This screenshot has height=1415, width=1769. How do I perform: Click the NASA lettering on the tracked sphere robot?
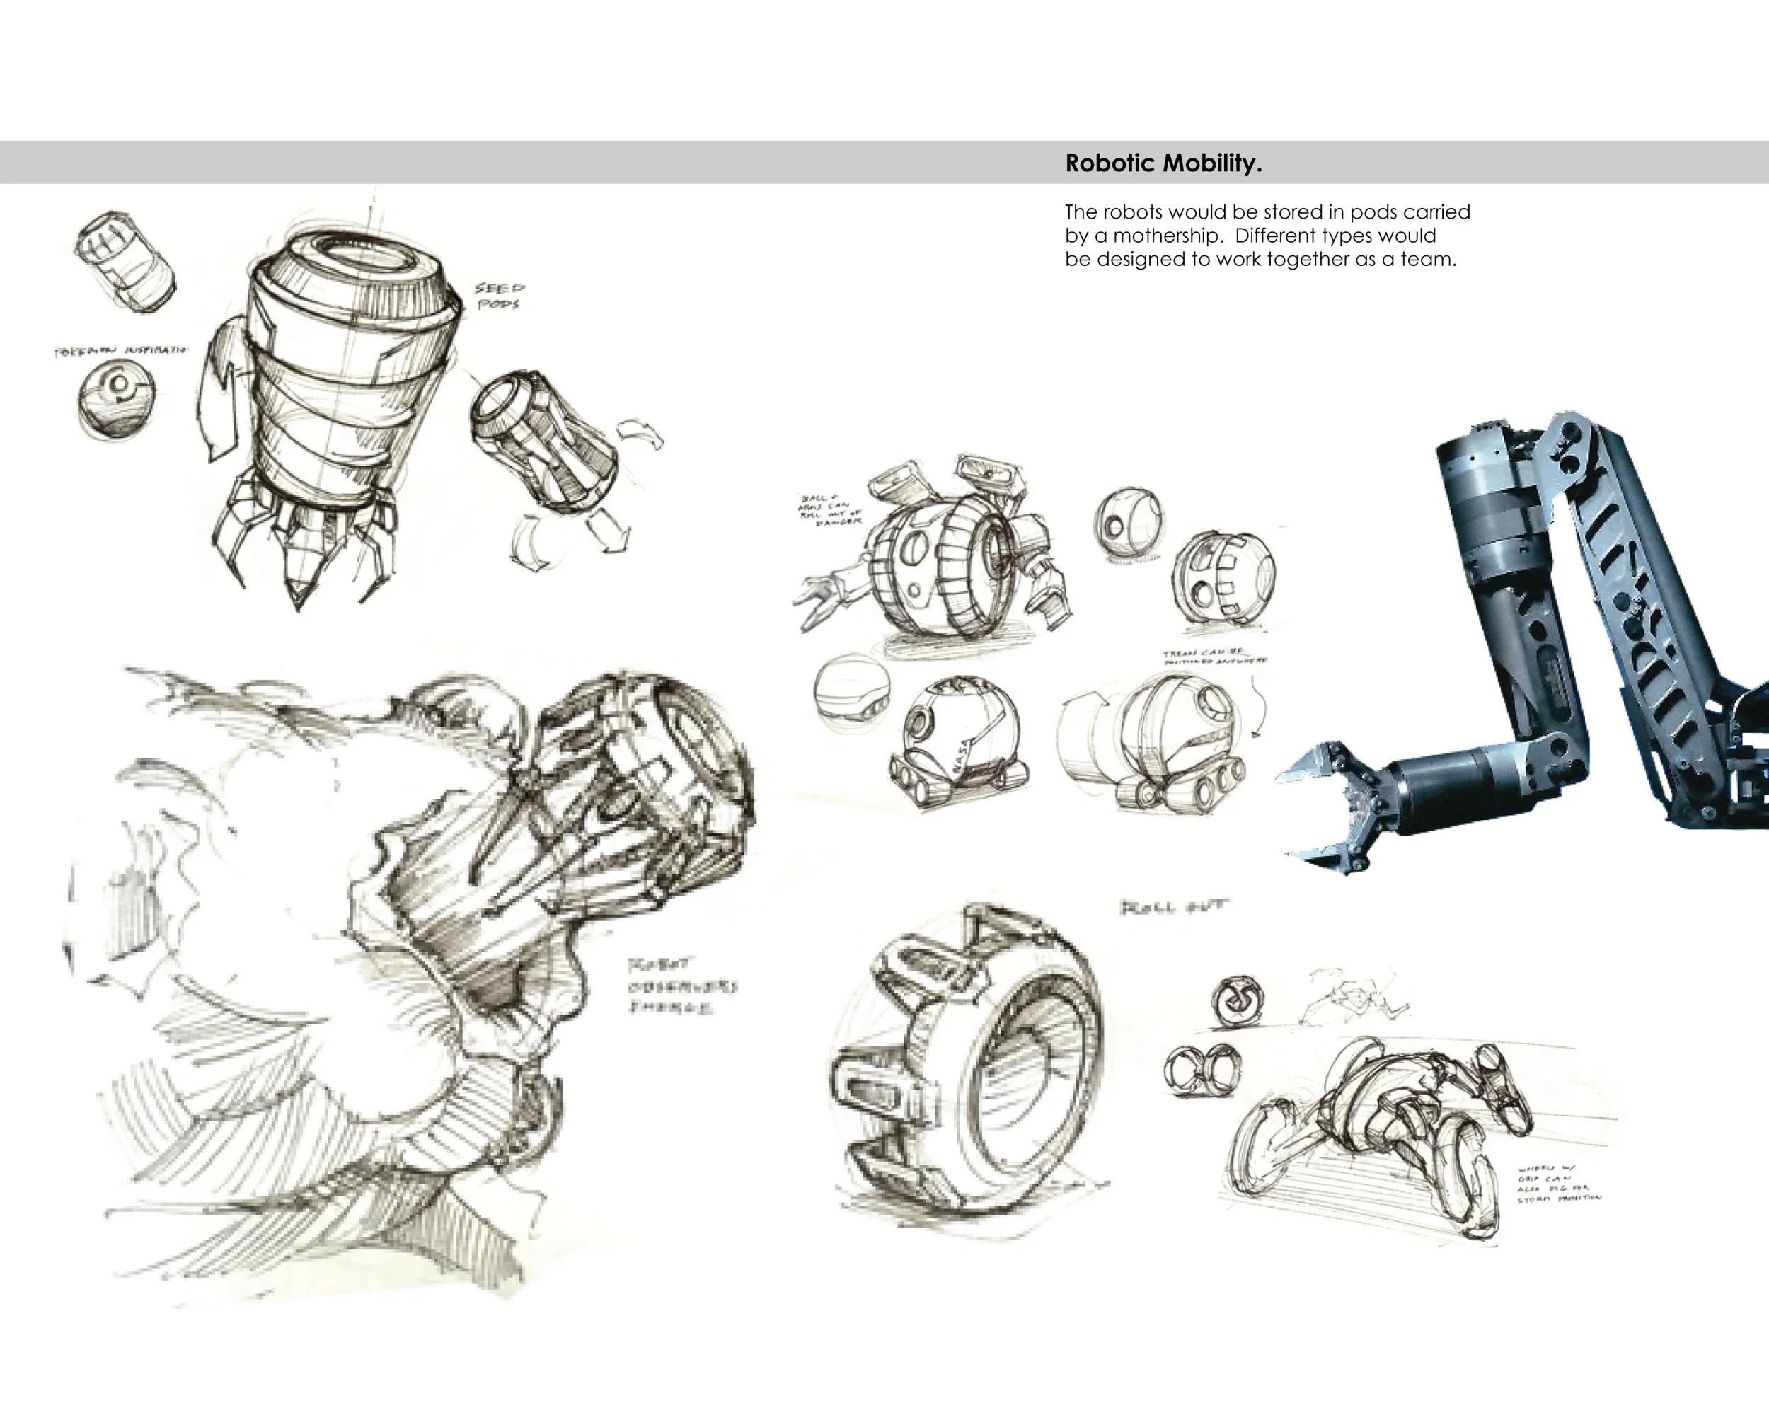click(961, 754)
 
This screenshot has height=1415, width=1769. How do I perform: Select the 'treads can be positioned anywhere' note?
click(1214, 657)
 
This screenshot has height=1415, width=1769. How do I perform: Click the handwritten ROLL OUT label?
click(1173, 906)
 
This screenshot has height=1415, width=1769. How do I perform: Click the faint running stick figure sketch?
click(1349, 997)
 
